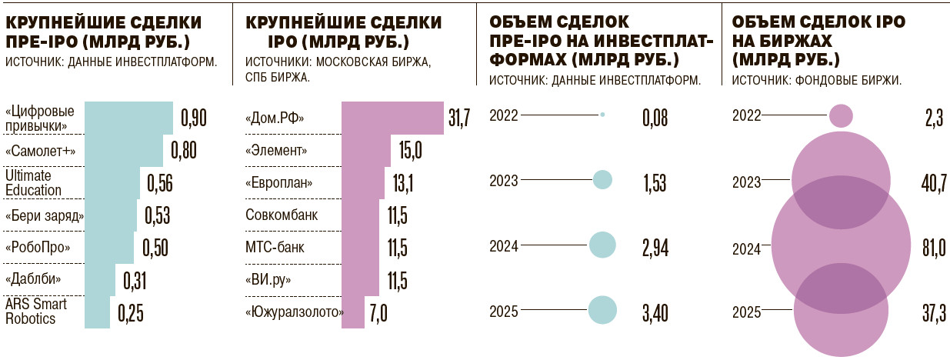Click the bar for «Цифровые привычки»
pos(128,118)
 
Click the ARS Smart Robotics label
pos(36,312)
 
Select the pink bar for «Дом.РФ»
pos(392,118)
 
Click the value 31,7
pos(458,118)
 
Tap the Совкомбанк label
pos(282,215)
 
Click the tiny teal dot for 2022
pos(602,115)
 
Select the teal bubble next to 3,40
pos(603,311)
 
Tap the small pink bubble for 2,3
pos(841,115)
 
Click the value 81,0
pos(931,248)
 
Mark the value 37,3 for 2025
pos(931,312)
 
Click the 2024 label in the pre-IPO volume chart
pos(504,246)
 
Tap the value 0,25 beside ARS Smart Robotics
pos(130,313)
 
